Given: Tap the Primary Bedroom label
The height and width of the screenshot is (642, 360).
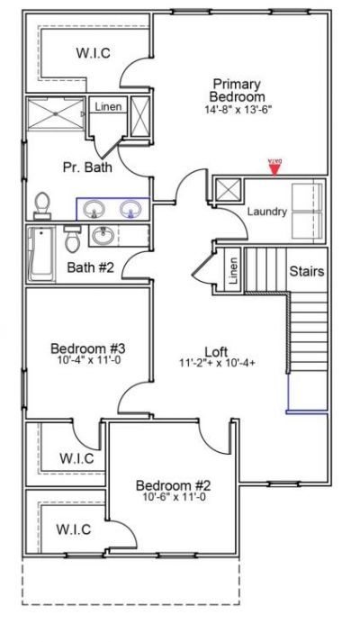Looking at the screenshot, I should pyautogui.click(x=237, y=89).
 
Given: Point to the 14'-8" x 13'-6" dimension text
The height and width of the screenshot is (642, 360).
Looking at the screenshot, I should pyautogui.click(x=237, y=110).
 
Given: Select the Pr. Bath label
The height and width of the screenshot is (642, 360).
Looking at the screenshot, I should pyautogui.click(x=82, y=167).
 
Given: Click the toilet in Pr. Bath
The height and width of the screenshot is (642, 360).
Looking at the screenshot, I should pyautogui.click(x=41, y=205).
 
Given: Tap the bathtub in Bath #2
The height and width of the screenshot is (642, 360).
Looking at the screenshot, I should pyautogui.click(x=41, y=254).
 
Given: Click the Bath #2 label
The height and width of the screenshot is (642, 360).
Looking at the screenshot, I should pyautogui.click(x=91, y=267).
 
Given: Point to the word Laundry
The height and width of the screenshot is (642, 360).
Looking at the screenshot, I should pyautogui.click(x=266, y=212).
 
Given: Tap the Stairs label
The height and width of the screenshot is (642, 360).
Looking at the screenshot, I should pyautogui.click(x=306, y=270).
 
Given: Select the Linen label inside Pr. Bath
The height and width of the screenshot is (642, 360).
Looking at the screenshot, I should pyautogui.click(x=108, y=107).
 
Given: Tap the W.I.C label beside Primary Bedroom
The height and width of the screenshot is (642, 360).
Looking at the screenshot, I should pyautogui.click(x=93, y=53).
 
